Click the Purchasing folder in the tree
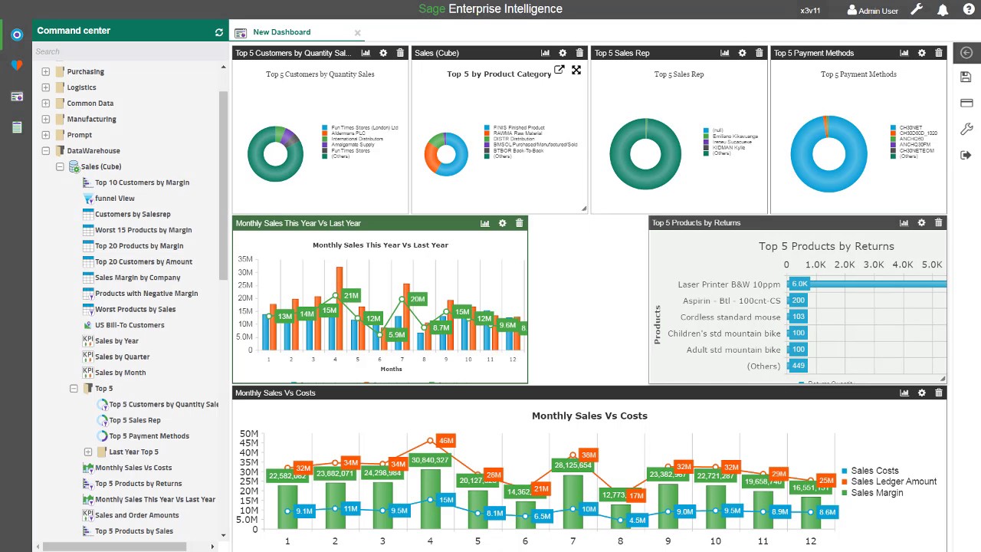pyautogui.click(x=85, y=71)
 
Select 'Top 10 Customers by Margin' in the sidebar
pyautogui.click(x=142, y=182)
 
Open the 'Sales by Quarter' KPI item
pyautogui.click(x=122, y=356)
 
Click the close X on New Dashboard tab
pyautogui.click(x=357, y=33)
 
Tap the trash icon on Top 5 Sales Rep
pyautogui.click(x=759, y=53)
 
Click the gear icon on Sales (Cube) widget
pyautogui.click(x=563, y=53)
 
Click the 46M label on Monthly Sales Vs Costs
pyautogui.click(x=445, y=441)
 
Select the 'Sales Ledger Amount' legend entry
pyautogui.click(x=894, y=481)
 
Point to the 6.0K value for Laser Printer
pyautogui.click(x=799, y=284)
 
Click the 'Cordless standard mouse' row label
pyautogui.click(x=730, y=317)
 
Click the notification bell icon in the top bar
pyautogui.click(x=943, y=10)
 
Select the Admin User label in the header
pyautogui.click(x=878, y=11)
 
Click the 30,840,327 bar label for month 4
pyautogui.click(x=430, y=460)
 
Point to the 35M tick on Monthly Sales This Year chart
pyautogui.click(x=244, y=259)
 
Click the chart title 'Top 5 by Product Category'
pyautogui.click(x=499, y=74)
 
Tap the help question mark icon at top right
pyautogui.click(x=968, y=10)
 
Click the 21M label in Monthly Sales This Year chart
pyautogui.click(x=351, y=295)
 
